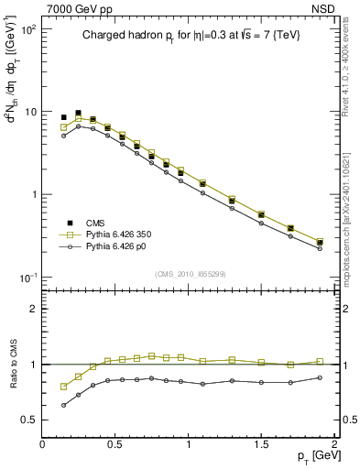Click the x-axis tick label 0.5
(x=115, y=444)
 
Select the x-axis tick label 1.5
(x=261, y=444)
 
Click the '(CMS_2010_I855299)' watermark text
(x=189, y=273)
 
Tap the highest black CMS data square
(x=78, y=113)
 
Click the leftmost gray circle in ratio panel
(x=63, y=405)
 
